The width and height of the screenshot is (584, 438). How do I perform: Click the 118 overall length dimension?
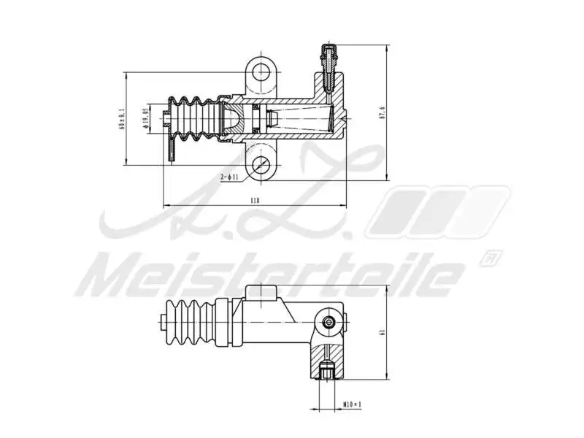(x=255, y=199)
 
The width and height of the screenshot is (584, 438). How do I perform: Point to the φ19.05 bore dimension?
(x=146, y=118)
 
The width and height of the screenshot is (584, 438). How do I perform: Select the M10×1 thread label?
(x=353, y=404)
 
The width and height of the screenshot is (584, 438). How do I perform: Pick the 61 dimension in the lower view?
(x=382, y=332)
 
